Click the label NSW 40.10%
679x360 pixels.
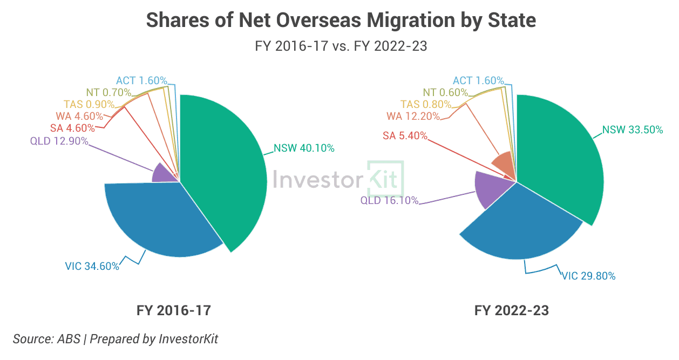[304, 148]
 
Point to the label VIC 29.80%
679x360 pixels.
[589, 276]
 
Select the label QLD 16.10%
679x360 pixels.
[389, 200]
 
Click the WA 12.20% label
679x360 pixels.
[413, 116]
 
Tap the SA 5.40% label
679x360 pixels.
[405, 135]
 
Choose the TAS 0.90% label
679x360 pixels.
[89, 104]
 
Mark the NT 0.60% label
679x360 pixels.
[445, 92]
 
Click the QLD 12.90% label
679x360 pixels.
[59, 141]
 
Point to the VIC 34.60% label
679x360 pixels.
[92, 267]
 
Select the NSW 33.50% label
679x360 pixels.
[633, 130]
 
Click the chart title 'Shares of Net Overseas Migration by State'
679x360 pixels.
[341, 20]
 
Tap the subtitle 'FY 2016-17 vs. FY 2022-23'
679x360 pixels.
[341, 46]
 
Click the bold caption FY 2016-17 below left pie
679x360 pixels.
[173, 310]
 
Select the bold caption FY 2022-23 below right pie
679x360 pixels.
[511, 310]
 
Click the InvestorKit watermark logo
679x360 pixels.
[338, 179]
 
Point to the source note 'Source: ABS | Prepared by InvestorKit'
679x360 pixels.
[115, 339]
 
